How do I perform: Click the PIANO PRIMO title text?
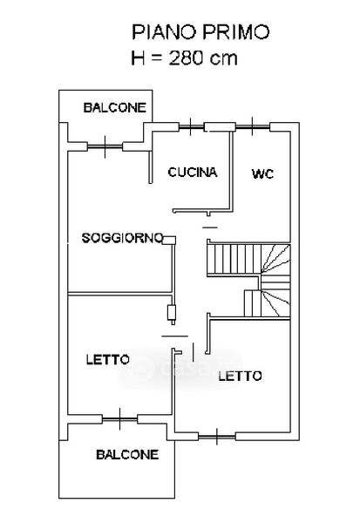click(200, 32)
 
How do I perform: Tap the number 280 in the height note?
click(187, 58)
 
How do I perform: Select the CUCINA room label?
click(193, 172)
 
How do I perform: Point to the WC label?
click(263, 173)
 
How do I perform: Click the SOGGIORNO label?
click(122, 238)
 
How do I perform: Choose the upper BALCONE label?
click(115, 107)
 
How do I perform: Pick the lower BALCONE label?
click(127, 455)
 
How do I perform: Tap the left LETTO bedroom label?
click(108, 359)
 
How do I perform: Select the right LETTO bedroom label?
click(240, 377)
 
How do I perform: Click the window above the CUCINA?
click(191, 126)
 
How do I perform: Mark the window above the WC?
click(252, 126)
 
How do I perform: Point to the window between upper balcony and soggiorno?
click(105, 146)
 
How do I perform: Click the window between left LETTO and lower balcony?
click(119, 419)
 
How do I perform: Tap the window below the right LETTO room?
click(217, 437)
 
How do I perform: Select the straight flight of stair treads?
click(234, 259)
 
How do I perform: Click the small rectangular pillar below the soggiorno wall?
click(172, 313)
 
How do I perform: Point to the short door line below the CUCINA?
click(210, 228)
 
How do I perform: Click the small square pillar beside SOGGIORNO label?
click(169, 241)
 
